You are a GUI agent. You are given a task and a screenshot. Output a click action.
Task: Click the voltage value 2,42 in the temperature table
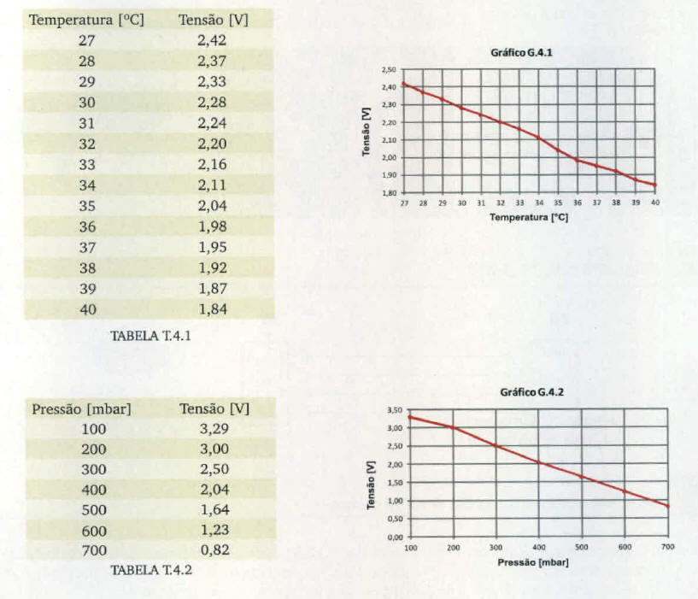coord(213,40)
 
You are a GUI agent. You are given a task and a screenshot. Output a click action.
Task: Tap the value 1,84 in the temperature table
coord(213,309)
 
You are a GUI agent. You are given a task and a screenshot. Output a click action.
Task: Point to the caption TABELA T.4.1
coord(150,335)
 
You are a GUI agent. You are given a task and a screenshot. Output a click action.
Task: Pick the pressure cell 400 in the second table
coord(94,490)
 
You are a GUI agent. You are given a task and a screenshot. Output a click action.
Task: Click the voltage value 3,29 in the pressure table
coord(214,429)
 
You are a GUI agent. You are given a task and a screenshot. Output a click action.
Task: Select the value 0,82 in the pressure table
coord(214,550)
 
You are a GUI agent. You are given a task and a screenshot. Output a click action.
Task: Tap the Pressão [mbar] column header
coord(82,408)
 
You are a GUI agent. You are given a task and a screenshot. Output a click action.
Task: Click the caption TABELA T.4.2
coord(145,570)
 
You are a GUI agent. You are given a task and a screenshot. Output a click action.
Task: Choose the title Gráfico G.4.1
coord(522,53)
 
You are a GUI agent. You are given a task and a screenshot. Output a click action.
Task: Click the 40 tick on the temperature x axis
coord(655,203)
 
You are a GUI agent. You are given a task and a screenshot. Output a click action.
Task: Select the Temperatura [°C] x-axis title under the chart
coord(529,218)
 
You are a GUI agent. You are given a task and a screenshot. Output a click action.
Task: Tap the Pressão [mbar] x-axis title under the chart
coord(532,562)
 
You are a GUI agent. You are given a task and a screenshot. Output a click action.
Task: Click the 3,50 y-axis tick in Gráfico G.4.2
coord(395,410)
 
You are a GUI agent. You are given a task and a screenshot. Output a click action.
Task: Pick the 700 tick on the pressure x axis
coord(667,547)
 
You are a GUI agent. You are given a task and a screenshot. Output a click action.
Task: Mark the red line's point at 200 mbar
coord(454,427)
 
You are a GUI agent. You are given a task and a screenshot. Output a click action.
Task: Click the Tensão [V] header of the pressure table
coord(214,408)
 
